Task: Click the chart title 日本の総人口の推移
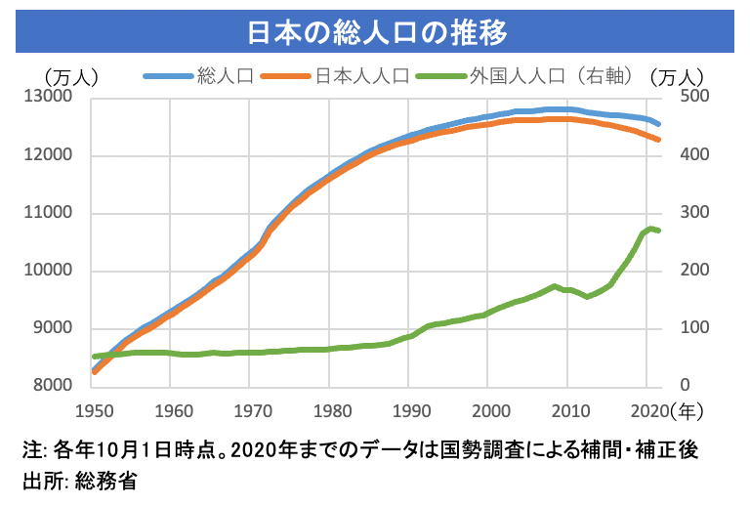(x=375, y=30)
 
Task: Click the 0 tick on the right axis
(x=676, y=387)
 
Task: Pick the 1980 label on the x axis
(x=331, y=408)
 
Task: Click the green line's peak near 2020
(x=650, y=229)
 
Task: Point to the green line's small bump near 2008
(x=555, y=286)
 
